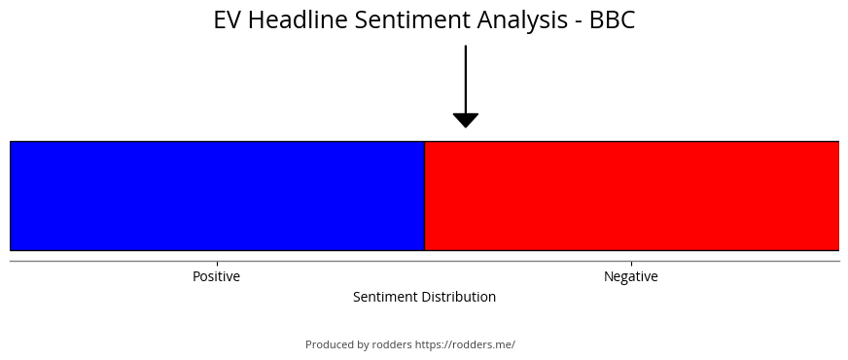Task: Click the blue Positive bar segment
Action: (218, 196)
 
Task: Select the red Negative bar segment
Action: (632, 196)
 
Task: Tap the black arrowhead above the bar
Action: (466, 121)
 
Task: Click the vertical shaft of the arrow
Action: (466, 79)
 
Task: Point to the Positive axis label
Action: (216, 276)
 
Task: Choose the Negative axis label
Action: (631, 276)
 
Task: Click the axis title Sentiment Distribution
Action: (425, 297)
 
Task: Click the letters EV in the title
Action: (228, 20)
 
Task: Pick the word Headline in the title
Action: (298, 20)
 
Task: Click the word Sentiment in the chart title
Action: (412, 20)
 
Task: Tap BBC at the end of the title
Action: (613, 20)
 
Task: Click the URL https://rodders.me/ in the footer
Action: (465, 344)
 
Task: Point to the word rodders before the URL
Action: (392, 344)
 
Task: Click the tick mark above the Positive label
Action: (218, 264)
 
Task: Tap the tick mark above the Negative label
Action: (632, 264)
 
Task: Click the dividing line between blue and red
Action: (425, 196)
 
